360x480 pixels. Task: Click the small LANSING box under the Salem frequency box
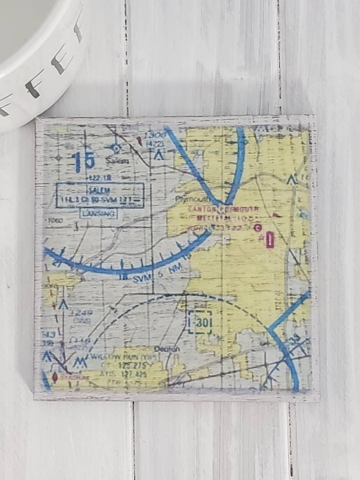point(99,214)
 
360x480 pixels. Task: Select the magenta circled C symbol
point(258,228)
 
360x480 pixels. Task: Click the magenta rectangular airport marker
point(270,240)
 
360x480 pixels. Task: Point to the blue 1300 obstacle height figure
point(156,135)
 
